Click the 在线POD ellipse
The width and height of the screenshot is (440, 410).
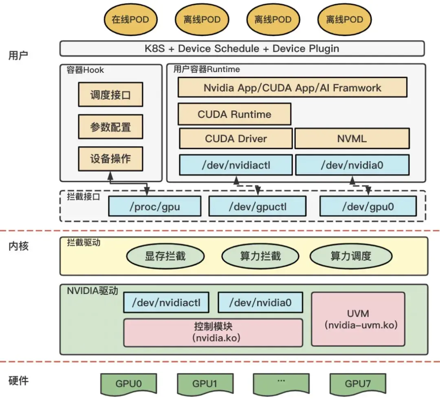[x=130, y=20]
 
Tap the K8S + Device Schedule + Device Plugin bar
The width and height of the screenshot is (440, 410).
[x=242, y=48]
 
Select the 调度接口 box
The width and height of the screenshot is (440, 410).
[x=110, y=94]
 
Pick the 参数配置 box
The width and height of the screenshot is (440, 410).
[x=110, y=127]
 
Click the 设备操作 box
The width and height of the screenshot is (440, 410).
[x=110, y=159]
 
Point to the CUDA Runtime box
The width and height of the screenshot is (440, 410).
[x=235, y=114]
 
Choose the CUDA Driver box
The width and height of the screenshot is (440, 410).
[x=236, y=138]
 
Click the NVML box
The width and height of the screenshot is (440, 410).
[x=352, y=138]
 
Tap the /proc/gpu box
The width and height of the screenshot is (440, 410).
[x=155, y=206]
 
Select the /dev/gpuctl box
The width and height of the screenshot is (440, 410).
[x=257, y=206]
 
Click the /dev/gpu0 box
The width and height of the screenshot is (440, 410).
[x=368, y=206]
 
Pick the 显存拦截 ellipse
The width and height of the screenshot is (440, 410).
[x=165, y=256]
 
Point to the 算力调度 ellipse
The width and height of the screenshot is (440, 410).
[x=351, y=256]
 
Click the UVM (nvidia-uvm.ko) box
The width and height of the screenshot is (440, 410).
[x=358, y=319]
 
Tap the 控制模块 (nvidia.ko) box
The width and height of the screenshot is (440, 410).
[x=213, y=332]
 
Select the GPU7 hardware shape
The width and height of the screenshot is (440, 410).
[x=358, y=384]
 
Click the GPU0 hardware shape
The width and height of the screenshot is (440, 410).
[x=128, y=384]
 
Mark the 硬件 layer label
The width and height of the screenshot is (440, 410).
[x=18, y=381]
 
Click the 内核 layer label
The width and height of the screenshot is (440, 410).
[x=18, y=246]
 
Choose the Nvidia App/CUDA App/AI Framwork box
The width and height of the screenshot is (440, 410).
[x=293, y=88]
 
